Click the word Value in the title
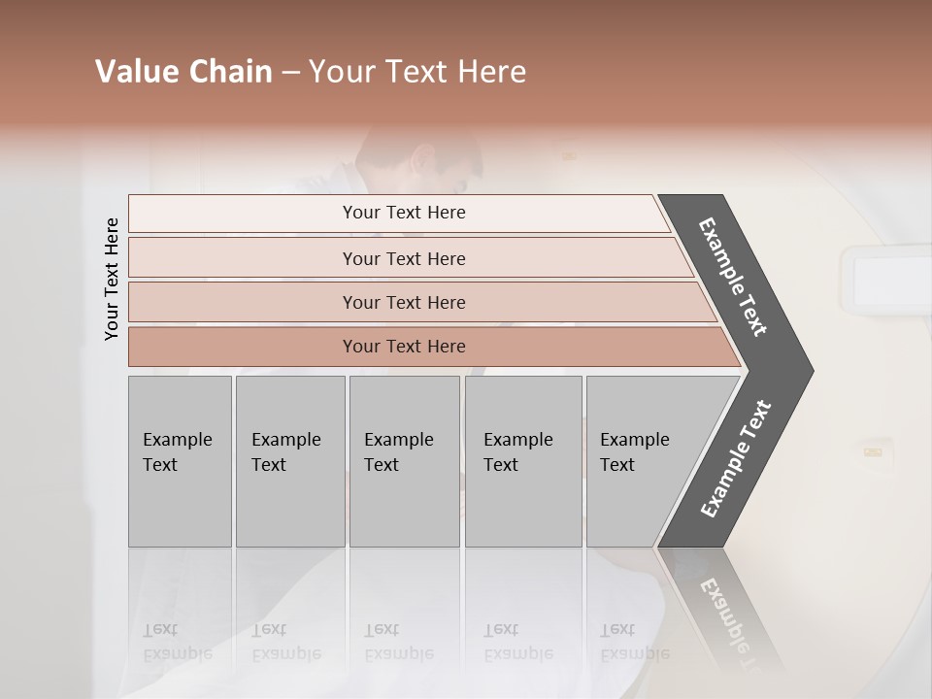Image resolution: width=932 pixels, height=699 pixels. click(132, 72)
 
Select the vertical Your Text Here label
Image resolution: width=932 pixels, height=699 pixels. click(112, 279)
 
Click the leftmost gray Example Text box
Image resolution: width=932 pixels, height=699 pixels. click(180, 461)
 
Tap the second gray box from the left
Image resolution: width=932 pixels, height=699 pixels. click(290, 461)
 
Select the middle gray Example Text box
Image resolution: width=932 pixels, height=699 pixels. click(404, 461)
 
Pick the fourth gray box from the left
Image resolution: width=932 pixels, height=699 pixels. click(523, 461)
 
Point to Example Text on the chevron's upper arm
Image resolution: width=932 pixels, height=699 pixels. click(733, 277)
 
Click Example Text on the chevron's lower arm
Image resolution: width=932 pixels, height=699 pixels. click(736, 459)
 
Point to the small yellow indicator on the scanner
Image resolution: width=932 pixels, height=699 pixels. click(873, 450)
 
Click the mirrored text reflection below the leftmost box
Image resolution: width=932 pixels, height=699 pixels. click(178, 642)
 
